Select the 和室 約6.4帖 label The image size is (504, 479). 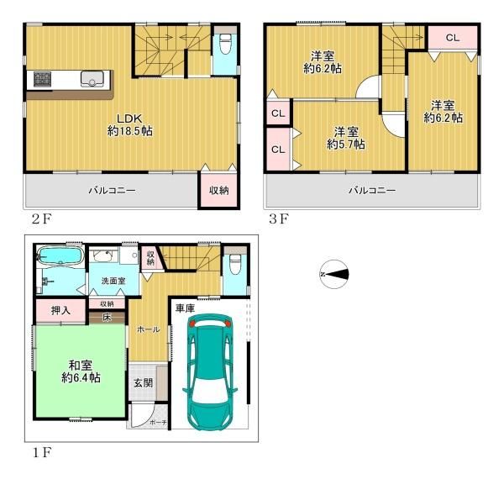pos(81,371)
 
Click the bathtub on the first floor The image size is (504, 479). pos(60,255)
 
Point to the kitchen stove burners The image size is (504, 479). pos(42,80)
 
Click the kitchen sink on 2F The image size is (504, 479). pos(92,80)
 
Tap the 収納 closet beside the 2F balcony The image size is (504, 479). pos(218,190)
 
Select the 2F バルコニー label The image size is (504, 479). pos(112,191)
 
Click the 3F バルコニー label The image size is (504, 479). pos(371,191)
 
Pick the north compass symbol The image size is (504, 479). pos(334,272)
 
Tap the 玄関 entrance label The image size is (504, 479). pos(142,382)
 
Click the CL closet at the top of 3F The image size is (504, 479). pos(451,38)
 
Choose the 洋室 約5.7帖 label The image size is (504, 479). pos(346,138)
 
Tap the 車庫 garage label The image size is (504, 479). pos(185,309)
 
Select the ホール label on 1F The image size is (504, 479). pos(148,329)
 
